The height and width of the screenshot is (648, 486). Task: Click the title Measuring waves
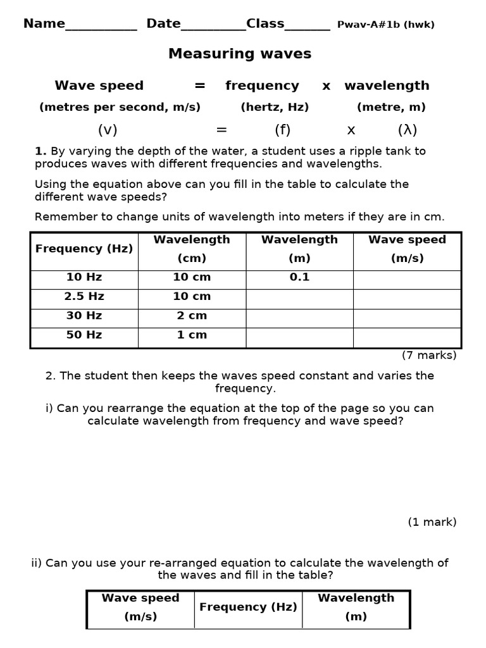click(x=240, y=54)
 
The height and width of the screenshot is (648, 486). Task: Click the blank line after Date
click(x=213, y=25)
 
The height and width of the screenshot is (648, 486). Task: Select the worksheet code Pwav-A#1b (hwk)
click(x=385, y=25)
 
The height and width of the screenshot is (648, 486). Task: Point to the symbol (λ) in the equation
click(x=408, y=130)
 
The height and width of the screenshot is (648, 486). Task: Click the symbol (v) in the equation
click(x=108, y=130)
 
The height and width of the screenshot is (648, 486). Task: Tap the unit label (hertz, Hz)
click(x=275, y=107)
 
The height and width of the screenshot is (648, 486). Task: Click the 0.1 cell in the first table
click(x=299, y=277)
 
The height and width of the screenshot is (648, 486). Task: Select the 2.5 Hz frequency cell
click(x=84, y=296)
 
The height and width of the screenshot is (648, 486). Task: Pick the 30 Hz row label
click(x=84, y=315)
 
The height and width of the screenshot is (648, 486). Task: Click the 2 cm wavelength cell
click(x=192, y=315)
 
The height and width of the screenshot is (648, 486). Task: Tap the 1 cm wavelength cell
click(x=192, y=335)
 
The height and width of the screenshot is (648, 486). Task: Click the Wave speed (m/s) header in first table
click(x=407, y=249)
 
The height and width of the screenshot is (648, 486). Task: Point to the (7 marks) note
click(x=429, y=355)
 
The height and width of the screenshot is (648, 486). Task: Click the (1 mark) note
click(x=432, y=522)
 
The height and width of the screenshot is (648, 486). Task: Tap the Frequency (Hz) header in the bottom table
click(x=248, y=607)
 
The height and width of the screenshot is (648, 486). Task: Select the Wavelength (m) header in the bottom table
click(x=356, y=607)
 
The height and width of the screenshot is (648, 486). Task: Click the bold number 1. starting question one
click(x=40, y=151)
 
